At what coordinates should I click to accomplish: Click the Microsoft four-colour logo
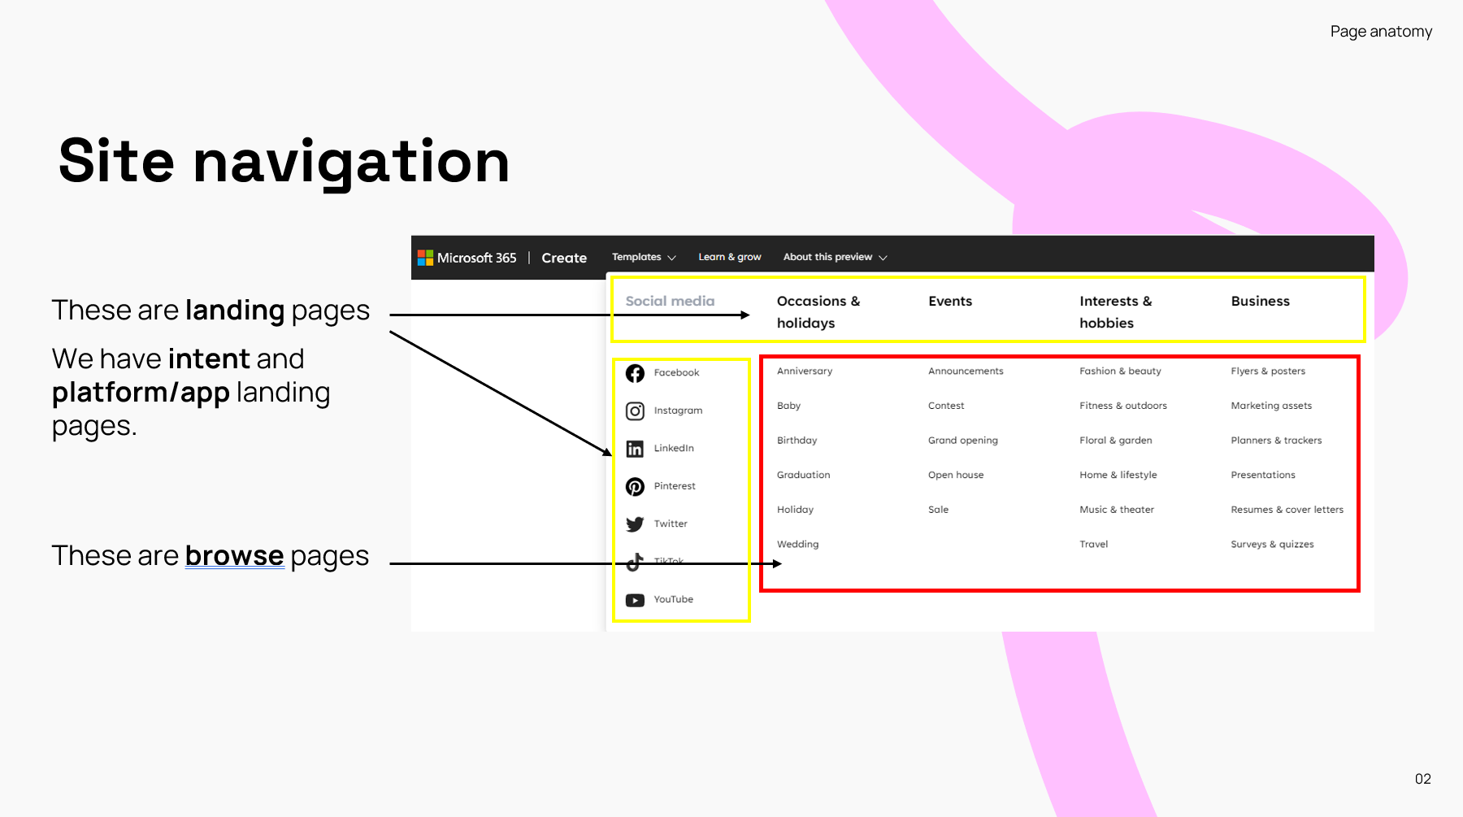click(x=425, y=258)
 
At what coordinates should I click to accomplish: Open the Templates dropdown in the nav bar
click(x=644, y=257)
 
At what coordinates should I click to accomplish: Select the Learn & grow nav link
click(x=730, y=257)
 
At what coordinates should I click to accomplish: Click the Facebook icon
click(x=635, y=373)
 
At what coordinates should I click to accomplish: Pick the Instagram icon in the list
click(x=635, y=411)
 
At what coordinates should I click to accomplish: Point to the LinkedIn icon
click(x=635, y=449)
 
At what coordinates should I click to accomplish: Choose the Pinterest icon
click(x=635, y=487)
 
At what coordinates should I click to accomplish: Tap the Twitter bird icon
click(x=635, y=524)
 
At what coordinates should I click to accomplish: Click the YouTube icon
click(x=635, y=601)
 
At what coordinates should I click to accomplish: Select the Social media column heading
click(x=670, y=301)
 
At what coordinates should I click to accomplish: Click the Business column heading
click(x=1260, y=301)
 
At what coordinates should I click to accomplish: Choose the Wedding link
click(x=797, y=545)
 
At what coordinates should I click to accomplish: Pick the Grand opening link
click(x=963, y=441)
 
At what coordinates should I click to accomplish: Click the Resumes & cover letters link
click(x=1287, y=510)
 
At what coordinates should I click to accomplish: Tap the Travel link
click(x=1093, y=545)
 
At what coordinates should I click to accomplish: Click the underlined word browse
click(x=234, y=555)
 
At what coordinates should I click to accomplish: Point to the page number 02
click(x=1422, y=779)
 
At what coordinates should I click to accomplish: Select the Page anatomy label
click(x=1381, y=32)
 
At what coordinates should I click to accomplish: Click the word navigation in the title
click(x=351, y=163)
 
